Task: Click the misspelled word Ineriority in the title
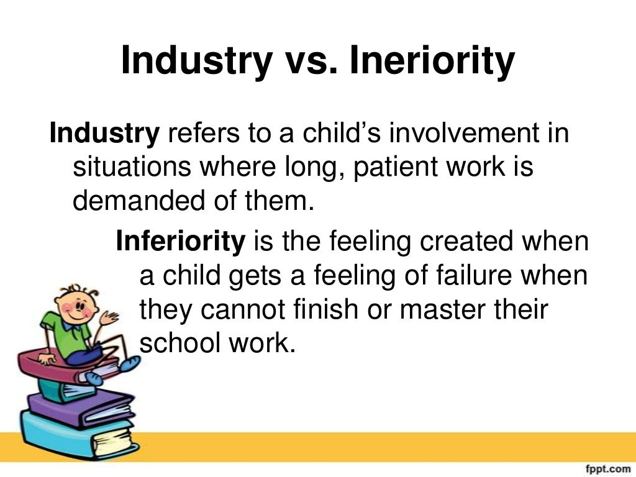click(x=432, y=61)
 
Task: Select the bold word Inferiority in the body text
click(x=180, y=241)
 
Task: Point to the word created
click(x=464, y=241)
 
